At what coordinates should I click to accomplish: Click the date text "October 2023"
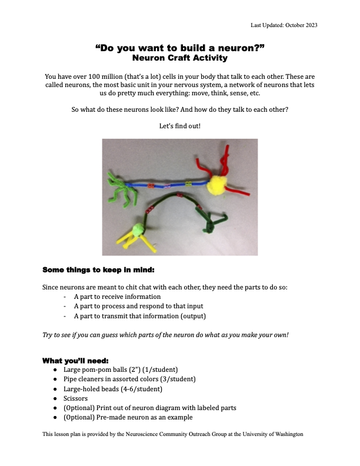pyautogui.click(x=317, y=25)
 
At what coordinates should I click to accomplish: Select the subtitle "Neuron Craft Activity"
pyautogui.click(x=179, y=58)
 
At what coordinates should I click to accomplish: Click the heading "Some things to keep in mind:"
pyautogui.click(x=98, y=271)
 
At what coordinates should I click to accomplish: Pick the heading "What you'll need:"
pyautogui.click(x=75, y=360)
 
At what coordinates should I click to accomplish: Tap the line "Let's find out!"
pyautogui.click(x=179, y=126)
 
